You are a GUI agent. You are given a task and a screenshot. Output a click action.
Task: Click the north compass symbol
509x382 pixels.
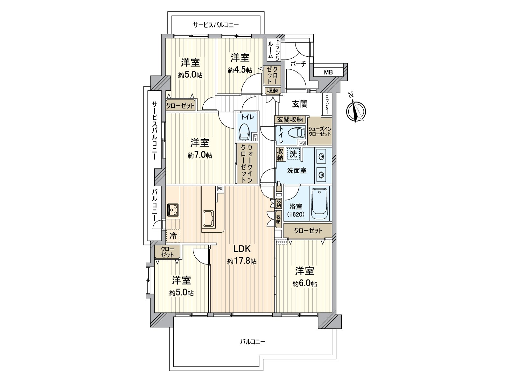click(x=356, y=110)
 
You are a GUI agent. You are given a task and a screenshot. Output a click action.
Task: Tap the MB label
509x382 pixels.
click(x=328, y=72)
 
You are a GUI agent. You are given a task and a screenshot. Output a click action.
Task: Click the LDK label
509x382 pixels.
click(x=242, y=249)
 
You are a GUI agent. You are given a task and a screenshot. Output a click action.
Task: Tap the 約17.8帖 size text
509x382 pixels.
click(x=242, y=261)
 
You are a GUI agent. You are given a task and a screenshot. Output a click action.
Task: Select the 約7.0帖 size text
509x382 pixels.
click(x=200, y=155)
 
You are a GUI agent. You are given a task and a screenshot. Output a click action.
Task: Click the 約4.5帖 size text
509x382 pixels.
click(x=240, y=70)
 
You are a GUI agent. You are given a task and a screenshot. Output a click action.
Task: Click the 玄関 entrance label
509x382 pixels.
click(x=300, y=104)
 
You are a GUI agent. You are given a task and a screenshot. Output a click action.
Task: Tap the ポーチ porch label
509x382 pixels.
click(x=298, y=64)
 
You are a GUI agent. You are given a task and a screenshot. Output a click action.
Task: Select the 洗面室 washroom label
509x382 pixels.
click(x=297, y=171)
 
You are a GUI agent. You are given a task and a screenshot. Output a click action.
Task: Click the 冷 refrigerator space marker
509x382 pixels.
click(x=173, y=236)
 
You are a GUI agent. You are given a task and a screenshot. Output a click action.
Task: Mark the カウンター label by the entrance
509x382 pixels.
click(x=327, y=104)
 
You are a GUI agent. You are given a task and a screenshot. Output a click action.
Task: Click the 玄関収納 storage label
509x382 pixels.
click(x=290, y=120)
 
